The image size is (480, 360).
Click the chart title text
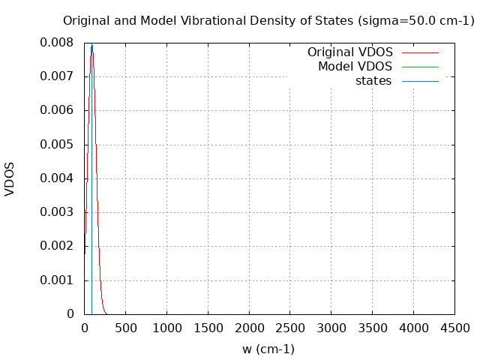pos(268,21)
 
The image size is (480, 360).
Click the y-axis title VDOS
pos(10,178)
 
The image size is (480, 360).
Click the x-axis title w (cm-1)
pos(268,349)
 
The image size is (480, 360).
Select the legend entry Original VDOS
pos(350,52)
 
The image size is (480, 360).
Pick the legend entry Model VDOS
pos(355,67)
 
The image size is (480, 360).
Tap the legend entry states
pos(373,81)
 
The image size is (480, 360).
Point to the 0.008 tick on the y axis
pos(57,43)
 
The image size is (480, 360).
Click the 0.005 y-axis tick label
pos(57,144)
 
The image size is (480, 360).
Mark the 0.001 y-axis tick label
pos(57,280)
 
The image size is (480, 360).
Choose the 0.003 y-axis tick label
pos(57,212)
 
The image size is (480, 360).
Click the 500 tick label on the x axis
pos(125,328)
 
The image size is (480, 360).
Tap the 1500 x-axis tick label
pos(208,328)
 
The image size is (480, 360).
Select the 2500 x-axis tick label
pos(289,328)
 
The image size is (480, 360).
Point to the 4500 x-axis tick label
pos(454,328)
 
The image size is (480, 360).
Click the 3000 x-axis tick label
pos(331,328)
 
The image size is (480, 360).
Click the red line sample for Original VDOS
pos(420,52)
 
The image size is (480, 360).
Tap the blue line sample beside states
pos(420,81)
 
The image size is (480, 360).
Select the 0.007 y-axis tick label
pos(57,76)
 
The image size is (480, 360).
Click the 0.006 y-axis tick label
pos(57,110)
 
